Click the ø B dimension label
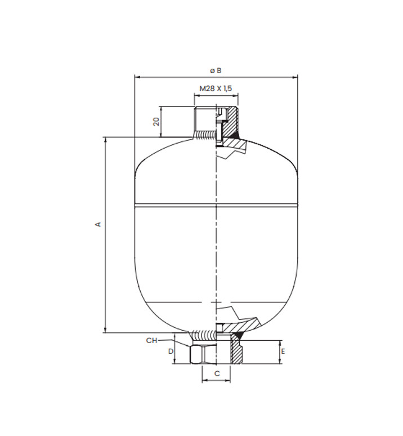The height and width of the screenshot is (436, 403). [216, 70]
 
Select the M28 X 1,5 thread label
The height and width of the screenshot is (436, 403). [216, 88]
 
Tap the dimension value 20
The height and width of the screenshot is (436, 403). [156, 122]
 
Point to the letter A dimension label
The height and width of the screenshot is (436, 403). [98, 224]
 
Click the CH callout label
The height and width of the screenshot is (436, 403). [151, 340]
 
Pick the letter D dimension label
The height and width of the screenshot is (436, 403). [171, 352]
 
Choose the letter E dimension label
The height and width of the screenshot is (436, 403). [283, 352]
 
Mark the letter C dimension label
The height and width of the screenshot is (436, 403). [217, 373]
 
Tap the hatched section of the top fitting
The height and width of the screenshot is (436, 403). [231, 122]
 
